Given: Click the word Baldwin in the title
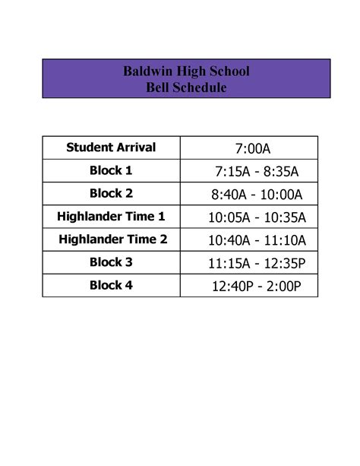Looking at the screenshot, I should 149,72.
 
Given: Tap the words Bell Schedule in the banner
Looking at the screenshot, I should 186,88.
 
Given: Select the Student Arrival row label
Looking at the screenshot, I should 111,147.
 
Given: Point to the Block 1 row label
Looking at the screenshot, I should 111,170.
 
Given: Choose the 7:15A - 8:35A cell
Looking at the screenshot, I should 257,171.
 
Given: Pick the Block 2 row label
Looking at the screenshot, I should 111,193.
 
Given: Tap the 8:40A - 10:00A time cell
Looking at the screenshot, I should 257,195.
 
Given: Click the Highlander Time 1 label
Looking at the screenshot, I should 111,217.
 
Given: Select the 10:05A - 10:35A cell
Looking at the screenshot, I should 257,218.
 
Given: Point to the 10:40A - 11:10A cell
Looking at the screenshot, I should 257,241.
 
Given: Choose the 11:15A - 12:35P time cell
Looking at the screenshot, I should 257,264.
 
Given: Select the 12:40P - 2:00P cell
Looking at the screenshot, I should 257,287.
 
